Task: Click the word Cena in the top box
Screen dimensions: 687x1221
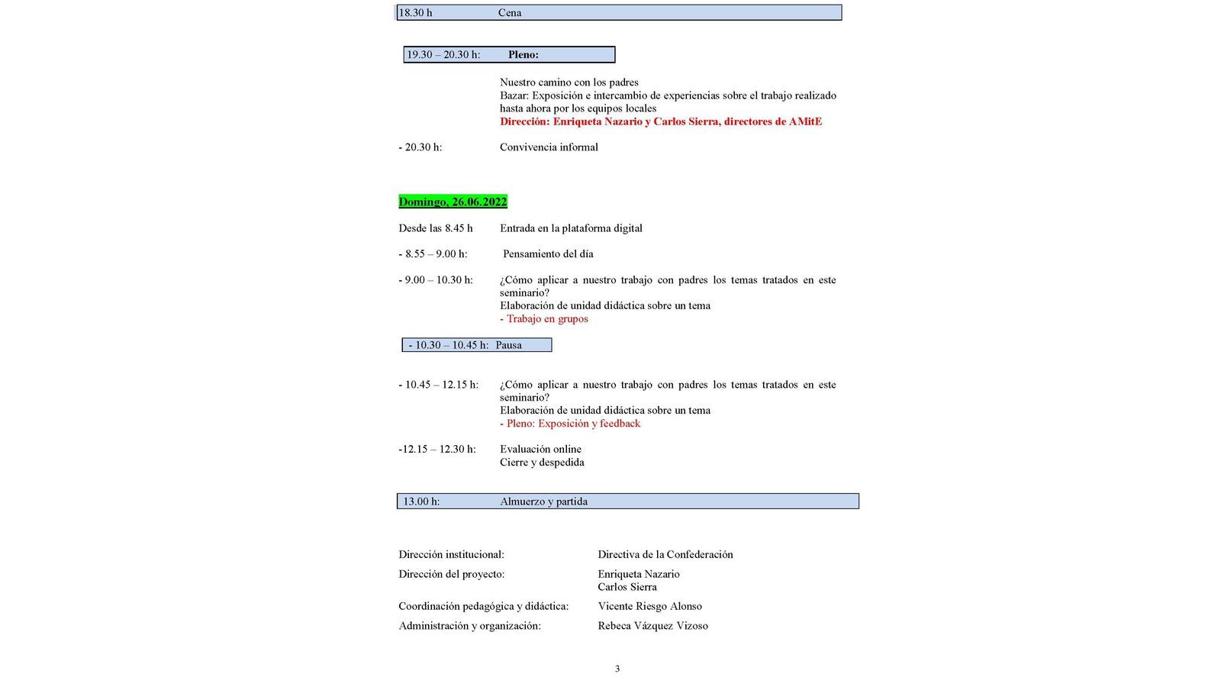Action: click(x=510, y=13)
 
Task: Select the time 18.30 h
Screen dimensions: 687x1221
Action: click(x=416, y=13)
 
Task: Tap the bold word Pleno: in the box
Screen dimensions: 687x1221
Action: click(x=524, y=55)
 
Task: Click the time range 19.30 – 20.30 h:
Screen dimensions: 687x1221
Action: click(x=443, y=55)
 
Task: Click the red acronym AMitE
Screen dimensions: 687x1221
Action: click(x=805, y=121)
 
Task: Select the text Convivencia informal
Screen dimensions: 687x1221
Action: click(x=549, y=147)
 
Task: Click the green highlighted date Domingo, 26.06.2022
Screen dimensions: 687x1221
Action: click(x=453, y=202)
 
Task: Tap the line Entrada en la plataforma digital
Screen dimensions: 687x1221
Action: click(x=571, y=228)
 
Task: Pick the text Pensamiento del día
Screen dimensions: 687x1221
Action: click(x=548, y=254)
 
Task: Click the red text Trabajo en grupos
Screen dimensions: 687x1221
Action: click(x=547, y=319)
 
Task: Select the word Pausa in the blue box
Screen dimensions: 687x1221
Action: click(x=509, y=345)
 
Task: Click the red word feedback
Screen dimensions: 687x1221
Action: click(x=620, y=424)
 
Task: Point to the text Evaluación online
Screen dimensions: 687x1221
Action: click(x=540, y=449)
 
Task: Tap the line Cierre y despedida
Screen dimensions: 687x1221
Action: click(x=542, y=462)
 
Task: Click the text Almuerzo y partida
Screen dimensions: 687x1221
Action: click(x=543, y=502)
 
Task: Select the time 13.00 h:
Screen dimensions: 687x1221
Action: click(x=421, y=502)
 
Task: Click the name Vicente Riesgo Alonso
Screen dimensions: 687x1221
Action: click(x=649, y=606)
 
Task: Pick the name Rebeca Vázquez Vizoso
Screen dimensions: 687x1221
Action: click(x=652, y=626)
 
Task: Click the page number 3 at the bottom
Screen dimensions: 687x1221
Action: click(x=617, y=669)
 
